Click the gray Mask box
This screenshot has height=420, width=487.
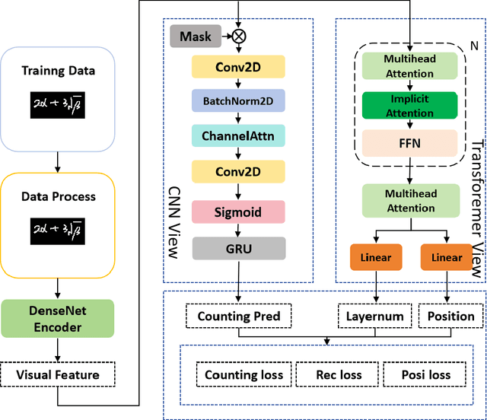[x=194, y=35]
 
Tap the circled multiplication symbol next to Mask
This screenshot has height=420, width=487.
[x=238, y=35]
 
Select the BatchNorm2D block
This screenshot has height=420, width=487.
[x=239, y=100]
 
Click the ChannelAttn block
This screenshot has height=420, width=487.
[x=239, y=137]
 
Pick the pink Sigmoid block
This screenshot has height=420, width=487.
[x=239, y=212]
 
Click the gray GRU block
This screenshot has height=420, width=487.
[x=239, y=248]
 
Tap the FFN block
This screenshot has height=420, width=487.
[x=410, y=143]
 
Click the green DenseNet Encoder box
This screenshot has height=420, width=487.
[x=58, y=318]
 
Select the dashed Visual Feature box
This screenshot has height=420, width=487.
[x=58, y=374]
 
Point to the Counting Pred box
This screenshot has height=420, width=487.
[x=239, y=316]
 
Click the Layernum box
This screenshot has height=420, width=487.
[x=374, y=316]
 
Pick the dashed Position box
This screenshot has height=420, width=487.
[x=450, y=316]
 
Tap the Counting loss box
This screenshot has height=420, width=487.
[x=243, y=374]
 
